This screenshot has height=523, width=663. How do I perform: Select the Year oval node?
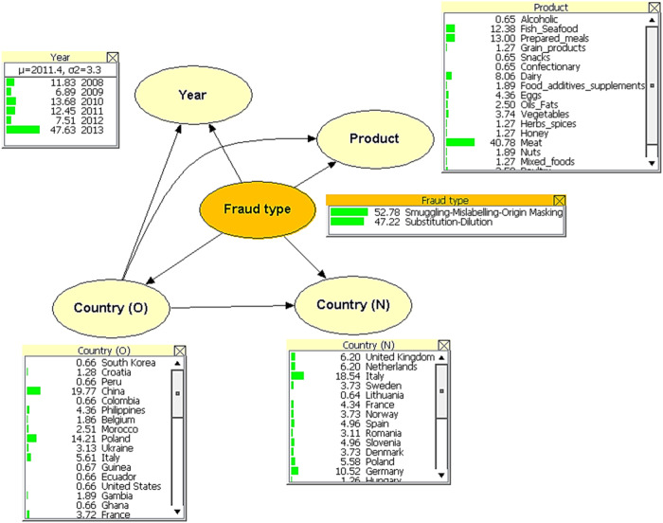click(192, 95)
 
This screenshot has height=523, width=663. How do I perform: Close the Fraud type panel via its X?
click(560, 200)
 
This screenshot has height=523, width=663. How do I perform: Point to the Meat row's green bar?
click(459, 142)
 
